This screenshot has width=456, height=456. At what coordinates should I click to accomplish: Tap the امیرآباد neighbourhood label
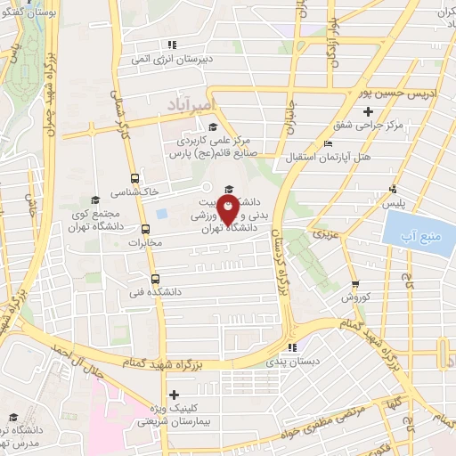click(x=189, y=106)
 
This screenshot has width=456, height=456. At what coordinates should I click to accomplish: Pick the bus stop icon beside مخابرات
click(x=134, y=229)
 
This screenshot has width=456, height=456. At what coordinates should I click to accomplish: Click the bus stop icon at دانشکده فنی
click(x=154, y=278)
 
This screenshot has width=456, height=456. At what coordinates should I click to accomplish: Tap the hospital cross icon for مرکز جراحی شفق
click(x=343, y=110)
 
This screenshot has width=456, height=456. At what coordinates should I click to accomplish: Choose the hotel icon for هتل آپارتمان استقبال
click(x=330, y=143)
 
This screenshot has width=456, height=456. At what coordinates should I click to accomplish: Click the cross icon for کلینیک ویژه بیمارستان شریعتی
click(x=174, y=395)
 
